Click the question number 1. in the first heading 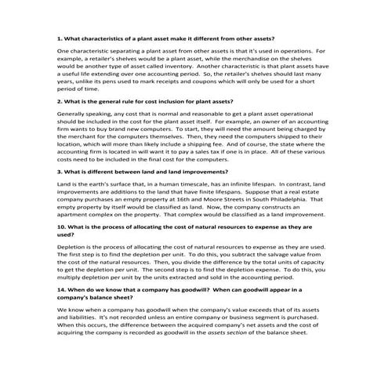coord(60,38)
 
